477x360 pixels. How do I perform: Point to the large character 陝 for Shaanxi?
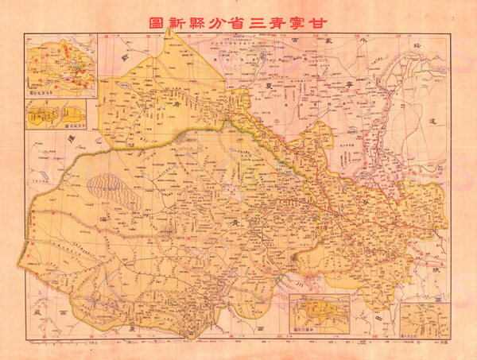click(x=435, y=272)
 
